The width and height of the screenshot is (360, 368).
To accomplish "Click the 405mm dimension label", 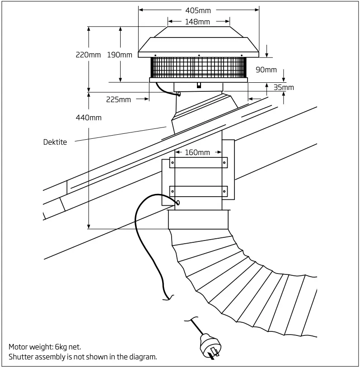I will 198,10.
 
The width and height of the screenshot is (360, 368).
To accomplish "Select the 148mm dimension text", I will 197,22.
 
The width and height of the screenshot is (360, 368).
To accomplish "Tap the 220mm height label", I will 88,55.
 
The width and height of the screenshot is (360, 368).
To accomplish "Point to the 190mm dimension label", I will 120,55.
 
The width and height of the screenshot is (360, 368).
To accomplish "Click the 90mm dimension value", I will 266,70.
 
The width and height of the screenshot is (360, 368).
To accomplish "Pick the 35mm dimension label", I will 284,87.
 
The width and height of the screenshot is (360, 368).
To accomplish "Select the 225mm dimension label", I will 118,99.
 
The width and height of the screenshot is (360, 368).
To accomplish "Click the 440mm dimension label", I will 89,118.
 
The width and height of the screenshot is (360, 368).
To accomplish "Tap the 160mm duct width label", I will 197,152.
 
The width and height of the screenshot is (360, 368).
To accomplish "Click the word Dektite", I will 55,142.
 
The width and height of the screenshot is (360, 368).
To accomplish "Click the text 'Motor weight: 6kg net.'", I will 45,347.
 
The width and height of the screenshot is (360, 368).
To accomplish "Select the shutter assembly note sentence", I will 83,357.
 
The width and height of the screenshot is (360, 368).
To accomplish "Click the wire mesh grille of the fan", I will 198,68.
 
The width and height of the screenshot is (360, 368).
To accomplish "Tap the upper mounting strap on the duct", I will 198,162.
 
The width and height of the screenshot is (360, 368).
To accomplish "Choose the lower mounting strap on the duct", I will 198,191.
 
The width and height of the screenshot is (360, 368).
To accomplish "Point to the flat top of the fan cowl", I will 199,27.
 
